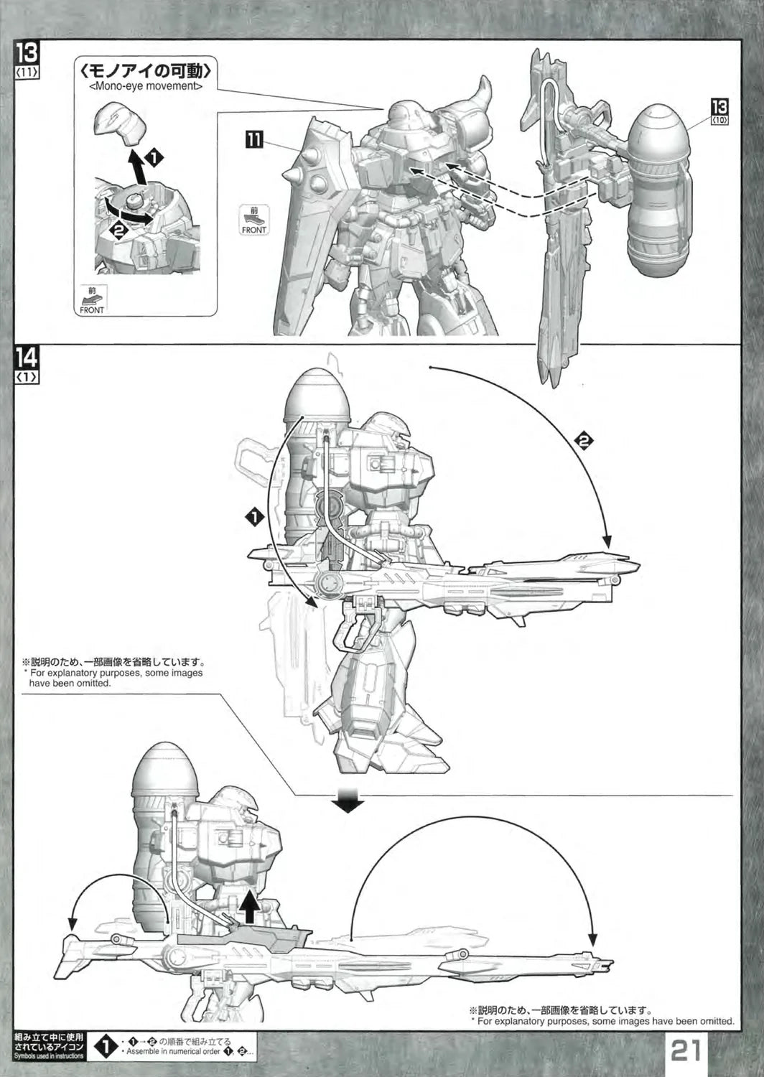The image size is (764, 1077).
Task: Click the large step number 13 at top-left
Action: [27, 54]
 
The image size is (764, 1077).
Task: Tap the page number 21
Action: [686, 1051]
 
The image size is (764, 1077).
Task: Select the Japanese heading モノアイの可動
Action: [146, 71]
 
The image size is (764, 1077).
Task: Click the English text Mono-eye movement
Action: [146, 86]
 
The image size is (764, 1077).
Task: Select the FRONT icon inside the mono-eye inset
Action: [91, 302]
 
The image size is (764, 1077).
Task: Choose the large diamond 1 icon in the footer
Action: [106, 1047]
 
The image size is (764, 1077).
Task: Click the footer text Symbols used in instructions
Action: [49, 1056]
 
